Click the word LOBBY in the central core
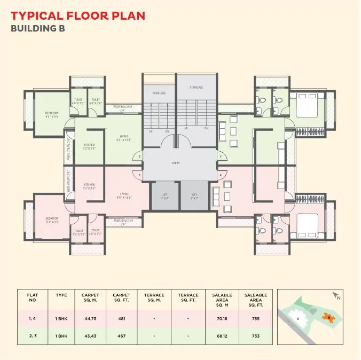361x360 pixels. pos(176,163)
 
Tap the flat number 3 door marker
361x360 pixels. pos(221,156)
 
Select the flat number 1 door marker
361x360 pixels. pos(139,175)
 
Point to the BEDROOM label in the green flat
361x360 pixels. pos(52,115)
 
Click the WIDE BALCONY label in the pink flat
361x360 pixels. pos(123,220)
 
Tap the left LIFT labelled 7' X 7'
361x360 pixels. pos(164,196)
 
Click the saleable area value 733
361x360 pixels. pos(255,336)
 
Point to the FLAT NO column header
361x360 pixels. pos(33,298)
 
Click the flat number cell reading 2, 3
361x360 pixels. pos(33,336)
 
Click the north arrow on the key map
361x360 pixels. pos(335,295)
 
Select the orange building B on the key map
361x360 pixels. pos(328,318)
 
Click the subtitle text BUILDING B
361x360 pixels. pos(38,28)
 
